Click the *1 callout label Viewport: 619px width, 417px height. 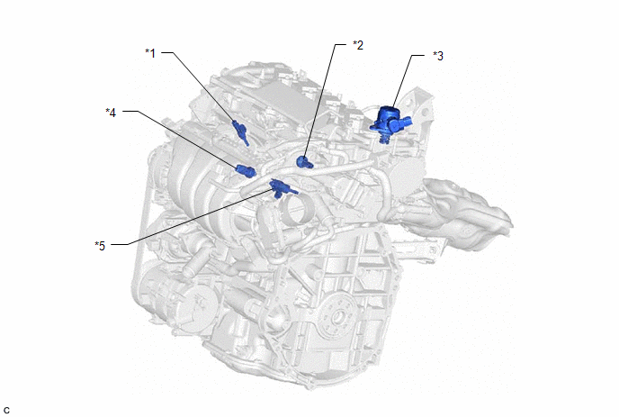(150, 53)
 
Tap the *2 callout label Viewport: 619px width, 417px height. (358, 45)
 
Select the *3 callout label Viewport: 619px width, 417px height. (438, 56)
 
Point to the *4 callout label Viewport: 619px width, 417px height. (111, 113)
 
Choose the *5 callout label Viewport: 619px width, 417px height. (100, 246)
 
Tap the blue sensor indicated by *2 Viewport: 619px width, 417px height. (304, 161)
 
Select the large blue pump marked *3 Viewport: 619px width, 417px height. (390, 123)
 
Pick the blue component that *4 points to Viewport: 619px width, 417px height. (246, 170)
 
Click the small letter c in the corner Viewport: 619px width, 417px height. (6, 411)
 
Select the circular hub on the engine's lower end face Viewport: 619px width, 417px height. (338, 317)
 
